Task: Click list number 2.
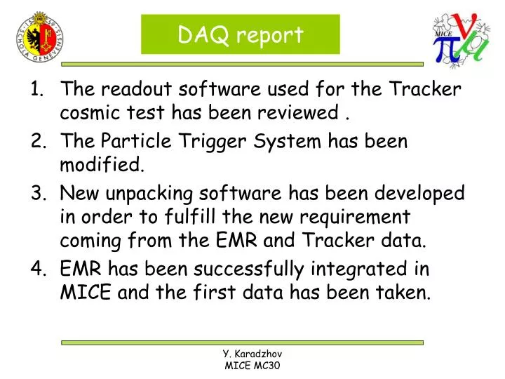38,141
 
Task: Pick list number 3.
38,193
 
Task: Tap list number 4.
38,269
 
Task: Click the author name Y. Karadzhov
252,354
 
